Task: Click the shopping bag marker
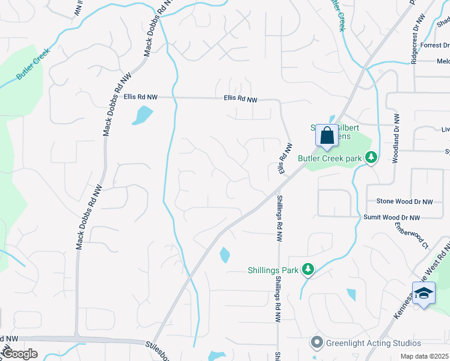[x=327, y=135]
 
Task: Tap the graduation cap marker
[x=424, y=294]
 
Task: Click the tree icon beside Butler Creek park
[x=372, y=158]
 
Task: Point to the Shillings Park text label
[x=273, y=270]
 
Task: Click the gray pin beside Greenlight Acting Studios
[x=316, y=342]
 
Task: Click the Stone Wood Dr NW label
[x=404, y=202]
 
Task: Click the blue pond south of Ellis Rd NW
[x=143, y=114]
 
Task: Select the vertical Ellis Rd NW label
[x=285, y=159]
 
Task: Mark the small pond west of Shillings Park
[x=224, y=255]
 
